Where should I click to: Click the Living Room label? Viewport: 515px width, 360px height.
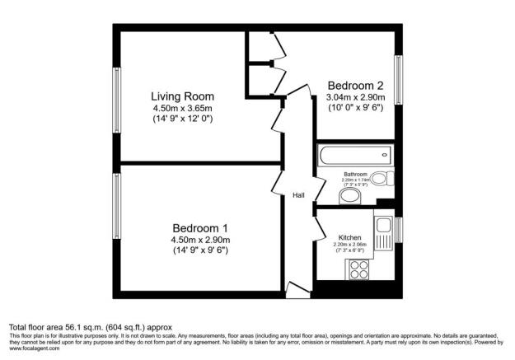pyautogui.click(x=182, y=96)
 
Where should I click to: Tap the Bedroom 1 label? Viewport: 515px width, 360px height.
pyautogui.click(x=199, y=227)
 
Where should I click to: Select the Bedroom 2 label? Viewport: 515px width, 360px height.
pyautogui.click(x=355, y=85)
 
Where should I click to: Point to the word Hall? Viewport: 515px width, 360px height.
pyautogui.click(x=299, y=195)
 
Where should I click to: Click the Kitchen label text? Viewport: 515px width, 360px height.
pyautogui.click(x=350, y=236)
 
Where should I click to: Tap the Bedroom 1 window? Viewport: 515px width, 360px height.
pyautogui.click(x=116, y=203)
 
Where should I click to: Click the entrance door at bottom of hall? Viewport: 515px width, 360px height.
pyautogui.click(x=297, y=288)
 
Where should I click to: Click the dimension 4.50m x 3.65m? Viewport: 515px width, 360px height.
pyautogui.click(x=182, y=108)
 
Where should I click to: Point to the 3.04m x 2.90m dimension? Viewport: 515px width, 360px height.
pyautogui.click(x=355, y=96)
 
